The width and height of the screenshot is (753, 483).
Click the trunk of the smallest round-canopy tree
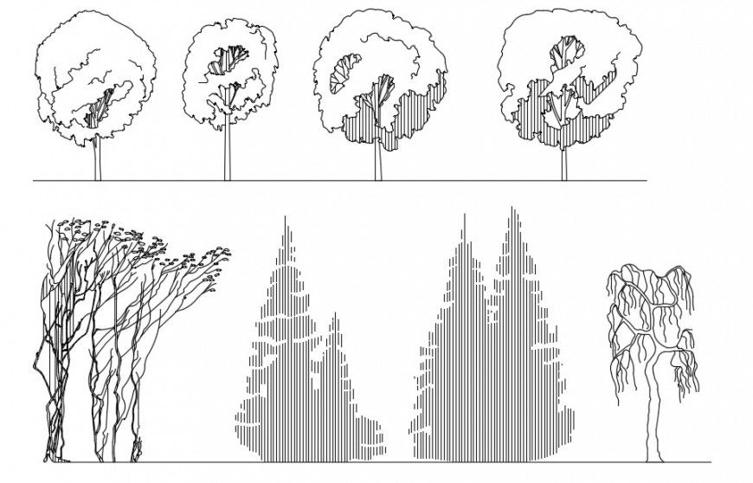228,156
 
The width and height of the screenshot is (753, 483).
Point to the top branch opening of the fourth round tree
564,52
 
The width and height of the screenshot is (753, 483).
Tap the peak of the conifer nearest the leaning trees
286,218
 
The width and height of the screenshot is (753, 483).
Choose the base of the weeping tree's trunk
653,459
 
